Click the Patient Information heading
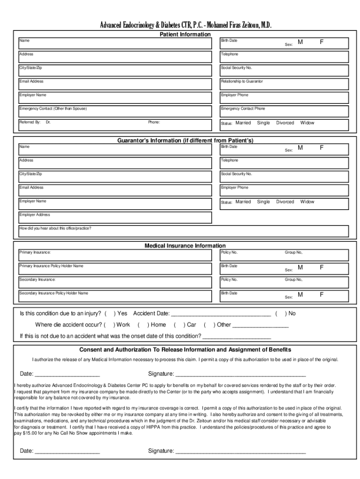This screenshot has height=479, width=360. (185, 35)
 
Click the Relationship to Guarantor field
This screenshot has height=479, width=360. (284, 84)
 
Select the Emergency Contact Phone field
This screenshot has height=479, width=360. (284, 111)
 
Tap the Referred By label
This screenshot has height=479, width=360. (29, 122)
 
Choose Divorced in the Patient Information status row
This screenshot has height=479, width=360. (285, 123)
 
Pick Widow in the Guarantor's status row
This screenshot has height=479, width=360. (307, 202)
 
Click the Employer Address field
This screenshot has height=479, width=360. (115, 218)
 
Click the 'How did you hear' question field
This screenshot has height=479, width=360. (183, 231)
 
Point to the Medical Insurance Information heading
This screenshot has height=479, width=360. (185, 246)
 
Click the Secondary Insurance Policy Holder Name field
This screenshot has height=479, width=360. (115, 296)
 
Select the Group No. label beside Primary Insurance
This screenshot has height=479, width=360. (294, 253)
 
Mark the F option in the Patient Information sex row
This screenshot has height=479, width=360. (322, 42)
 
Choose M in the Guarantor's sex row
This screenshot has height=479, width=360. (301, 148)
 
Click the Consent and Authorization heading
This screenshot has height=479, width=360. (185, 350)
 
